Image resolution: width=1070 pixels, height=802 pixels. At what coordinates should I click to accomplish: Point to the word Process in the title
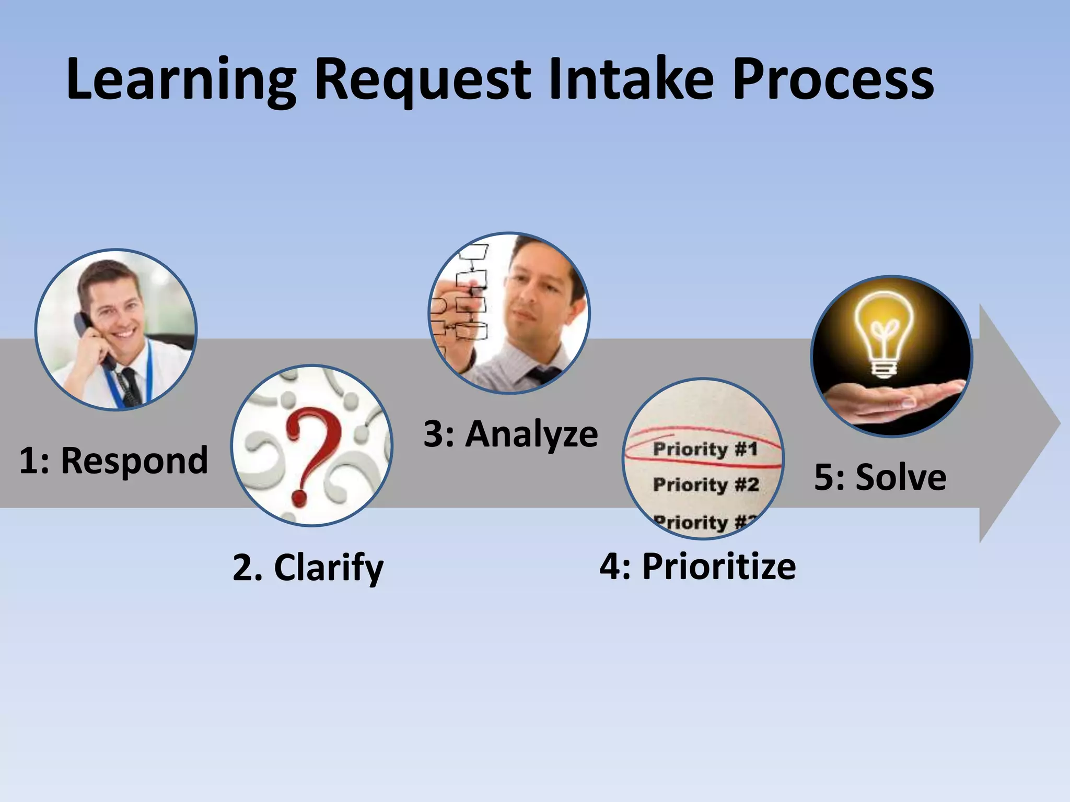[833, 79]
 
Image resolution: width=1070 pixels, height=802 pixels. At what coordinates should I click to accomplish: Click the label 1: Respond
[113, 461]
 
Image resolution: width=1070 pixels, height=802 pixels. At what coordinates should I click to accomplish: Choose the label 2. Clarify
[308, 568]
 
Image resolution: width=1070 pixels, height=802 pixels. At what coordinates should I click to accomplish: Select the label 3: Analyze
[510, 434]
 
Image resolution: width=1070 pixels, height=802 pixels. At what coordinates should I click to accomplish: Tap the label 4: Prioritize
[697, 566]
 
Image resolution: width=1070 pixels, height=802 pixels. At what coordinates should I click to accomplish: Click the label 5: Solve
[880, 477]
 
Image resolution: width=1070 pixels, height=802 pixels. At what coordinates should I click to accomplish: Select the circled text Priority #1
[705, 449]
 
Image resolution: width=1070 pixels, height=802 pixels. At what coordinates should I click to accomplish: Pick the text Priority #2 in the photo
[705, 485]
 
